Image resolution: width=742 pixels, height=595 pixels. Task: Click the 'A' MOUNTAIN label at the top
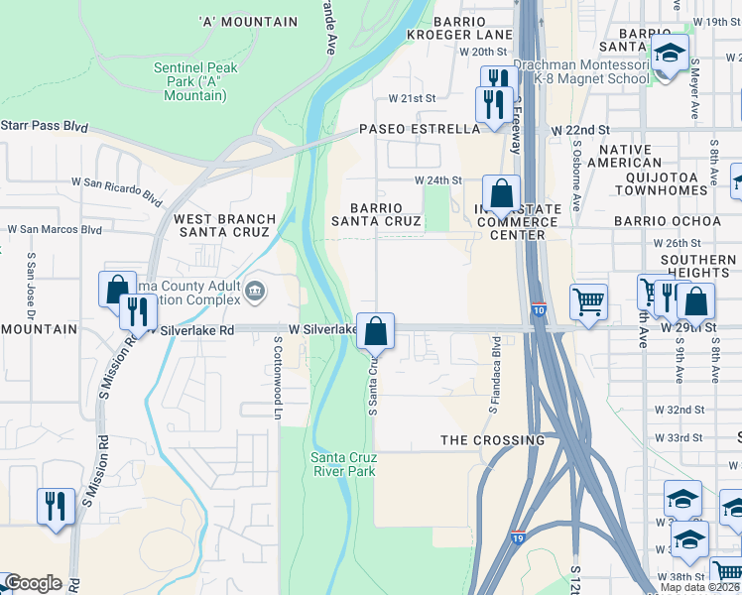(248, 22)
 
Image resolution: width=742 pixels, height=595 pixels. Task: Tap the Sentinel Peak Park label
(190, 81)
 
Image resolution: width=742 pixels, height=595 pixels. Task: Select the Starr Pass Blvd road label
(45, 127)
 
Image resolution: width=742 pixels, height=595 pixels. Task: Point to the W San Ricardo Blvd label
(122, 189)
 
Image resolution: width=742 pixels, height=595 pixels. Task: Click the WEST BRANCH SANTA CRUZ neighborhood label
(222, 225)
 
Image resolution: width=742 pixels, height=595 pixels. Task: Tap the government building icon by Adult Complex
(256, 291)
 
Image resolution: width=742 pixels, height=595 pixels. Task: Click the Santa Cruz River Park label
(343, 464)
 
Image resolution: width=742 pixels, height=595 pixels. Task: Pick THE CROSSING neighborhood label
(493, 439)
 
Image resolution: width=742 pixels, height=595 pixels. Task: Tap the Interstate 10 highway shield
(539, 310)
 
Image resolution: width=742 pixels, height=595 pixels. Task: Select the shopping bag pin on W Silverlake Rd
(376, 331)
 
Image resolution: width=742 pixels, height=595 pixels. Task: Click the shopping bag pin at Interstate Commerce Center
(502, 194)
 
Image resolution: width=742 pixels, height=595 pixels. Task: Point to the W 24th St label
(437, 179)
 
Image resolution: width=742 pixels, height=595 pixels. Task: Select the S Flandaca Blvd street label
(492, 375)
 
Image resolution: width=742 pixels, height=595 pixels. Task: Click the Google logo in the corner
(32, 583)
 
